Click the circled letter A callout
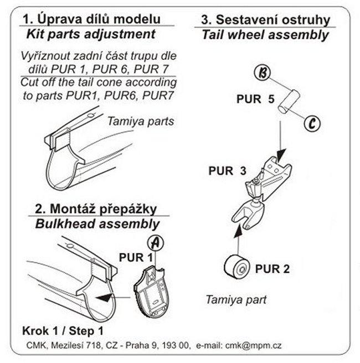pos(156,242)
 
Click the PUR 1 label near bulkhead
pos(136,257)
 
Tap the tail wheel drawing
pos(235,267)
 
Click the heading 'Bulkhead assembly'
pos(97,224)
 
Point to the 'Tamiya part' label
pos(236,299)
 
